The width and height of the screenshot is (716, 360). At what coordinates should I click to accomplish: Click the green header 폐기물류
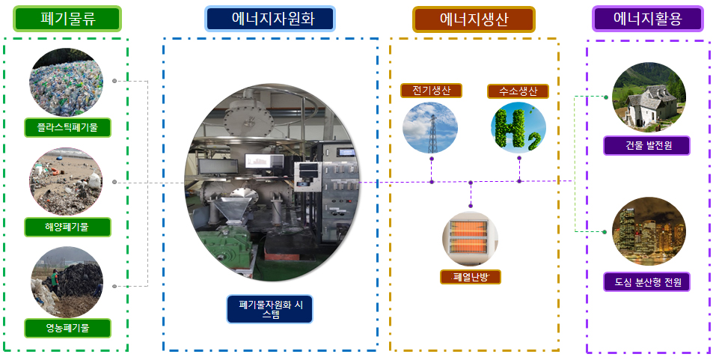[x=67, y=19]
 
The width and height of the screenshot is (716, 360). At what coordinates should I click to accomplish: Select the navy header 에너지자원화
[x=270, y=19]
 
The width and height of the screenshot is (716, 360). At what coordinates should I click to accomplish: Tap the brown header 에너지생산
[x=474, y=19]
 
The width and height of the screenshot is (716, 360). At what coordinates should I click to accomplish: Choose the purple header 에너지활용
[x=647, y=19]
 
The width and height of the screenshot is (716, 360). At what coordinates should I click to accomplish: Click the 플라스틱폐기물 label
[x=67, y=127]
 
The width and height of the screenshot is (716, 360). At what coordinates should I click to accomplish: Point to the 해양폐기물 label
[x=67, y=227]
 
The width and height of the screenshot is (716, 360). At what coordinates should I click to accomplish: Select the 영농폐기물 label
[x=67, y=328]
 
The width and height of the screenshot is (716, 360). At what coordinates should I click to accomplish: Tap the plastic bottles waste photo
[x=66, y=82]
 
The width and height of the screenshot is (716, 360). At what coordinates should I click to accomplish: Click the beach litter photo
[x=66, y=182]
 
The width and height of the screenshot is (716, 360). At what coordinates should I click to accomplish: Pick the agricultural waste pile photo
[x=67, y=282]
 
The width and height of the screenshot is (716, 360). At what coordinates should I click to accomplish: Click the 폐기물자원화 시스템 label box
[x=270, y=309]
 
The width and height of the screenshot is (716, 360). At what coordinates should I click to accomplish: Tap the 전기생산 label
[x=431, y=91]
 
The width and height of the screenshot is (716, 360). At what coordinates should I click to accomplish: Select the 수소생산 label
[x=518, y=91]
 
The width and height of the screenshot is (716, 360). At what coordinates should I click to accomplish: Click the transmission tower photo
[x=430, y=127]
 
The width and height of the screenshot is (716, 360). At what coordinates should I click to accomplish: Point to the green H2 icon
[x=518, y=127]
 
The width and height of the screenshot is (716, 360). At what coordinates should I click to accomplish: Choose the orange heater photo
[x=470, y=238]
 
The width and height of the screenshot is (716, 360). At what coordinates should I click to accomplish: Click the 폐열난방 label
[x=471, y=277]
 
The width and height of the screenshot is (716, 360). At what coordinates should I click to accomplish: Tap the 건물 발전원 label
[x=646, y=146]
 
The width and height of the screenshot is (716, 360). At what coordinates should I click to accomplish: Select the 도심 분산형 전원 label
[x=646, y=282]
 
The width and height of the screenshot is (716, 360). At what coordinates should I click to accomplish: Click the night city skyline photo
[x=649, y=231]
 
